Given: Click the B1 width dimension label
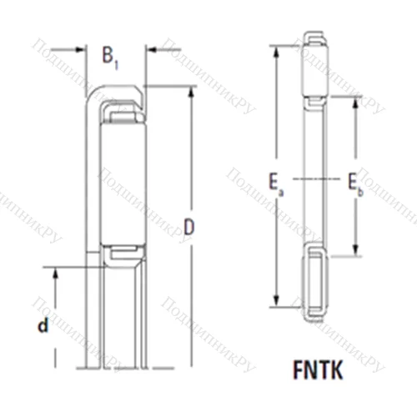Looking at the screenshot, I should click(111, 57).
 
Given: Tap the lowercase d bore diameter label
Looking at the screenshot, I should click(41, 327).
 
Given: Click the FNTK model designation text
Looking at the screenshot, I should click(319, 367).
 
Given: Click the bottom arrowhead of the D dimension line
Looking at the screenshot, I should click(190, 364).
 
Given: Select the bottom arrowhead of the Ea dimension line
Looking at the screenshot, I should click(275, 305).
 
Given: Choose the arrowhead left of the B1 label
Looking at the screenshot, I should click(84, 50).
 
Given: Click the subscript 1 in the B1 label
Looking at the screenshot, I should click(118, 63).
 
